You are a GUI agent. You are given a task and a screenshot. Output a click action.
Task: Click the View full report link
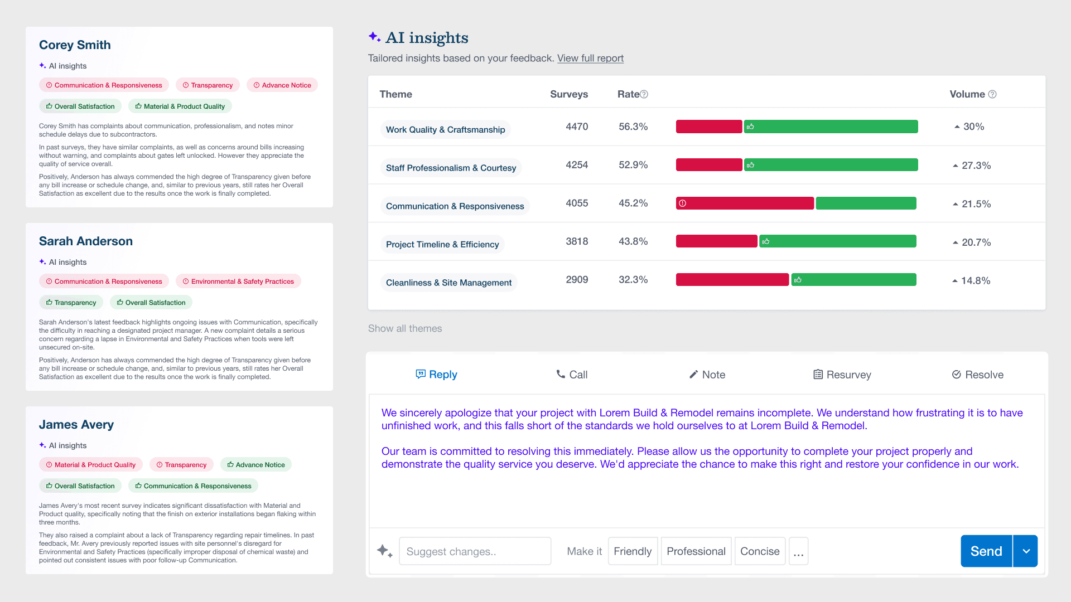[590, 59]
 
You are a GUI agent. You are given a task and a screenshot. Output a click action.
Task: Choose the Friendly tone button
[633, 551]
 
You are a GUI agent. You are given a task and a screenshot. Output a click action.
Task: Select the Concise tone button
[760, 551]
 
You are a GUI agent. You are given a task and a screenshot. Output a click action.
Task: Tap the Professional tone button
[696, 551]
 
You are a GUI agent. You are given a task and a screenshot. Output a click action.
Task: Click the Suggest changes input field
[475, 551]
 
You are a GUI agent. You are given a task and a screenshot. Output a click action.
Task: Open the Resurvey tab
[842, 375]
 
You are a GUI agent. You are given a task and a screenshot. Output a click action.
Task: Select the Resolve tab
[977, 375]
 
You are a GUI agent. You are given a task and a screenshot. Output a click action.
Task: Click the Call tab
[572, 375]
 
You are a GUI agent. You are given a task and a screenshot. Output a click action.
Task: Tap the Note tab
[707, 375]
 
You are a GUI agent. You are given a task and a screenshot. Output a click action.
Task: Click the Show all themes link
[405, 329]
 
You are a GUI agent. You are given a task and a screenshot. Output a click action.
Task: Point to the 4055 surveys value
[577, 203]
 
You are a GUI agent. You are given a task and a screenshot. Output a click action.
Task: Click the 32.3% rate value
[633, 280]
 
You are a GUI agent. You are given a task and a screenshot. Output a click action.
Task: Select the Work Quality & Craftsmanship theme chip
[445, 130]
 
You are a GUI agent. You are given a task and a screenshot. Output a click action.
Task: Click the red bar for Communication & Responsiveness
[745, 203]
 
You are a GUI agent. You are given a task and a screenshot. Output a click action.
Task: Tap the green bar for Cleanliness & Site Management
[853, 280]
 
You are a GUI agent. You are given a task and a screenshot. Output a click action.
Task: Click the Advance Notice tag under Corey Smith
[282, 85]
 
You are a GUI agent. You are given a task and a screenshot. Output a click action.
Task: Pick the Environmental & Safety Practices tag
[238, 281]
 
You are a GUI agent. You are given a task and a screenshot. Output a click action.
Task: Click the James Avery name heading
[76, 425]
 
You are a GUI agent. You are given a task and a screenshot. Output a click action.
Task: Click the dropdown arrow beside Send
[1026, 551]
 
